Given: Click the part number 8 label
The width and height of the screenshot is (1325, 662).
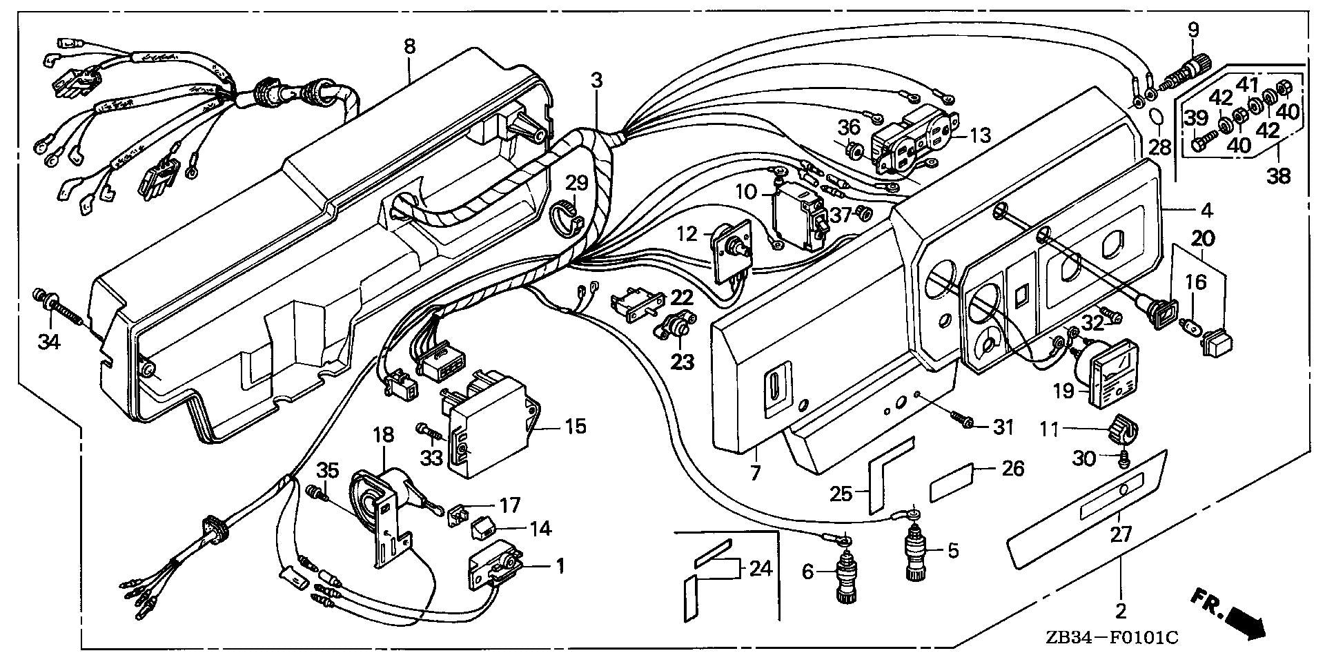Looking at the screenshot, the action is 409,46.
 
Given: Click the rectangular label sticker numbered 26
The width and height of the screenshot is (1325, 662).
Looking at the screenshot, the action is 952,482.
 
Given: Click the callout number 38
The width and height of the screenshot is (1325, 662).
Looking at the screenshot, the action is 1278,177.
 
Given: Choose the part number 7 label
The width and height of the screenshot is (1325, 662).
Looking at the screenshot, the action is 755,474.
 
